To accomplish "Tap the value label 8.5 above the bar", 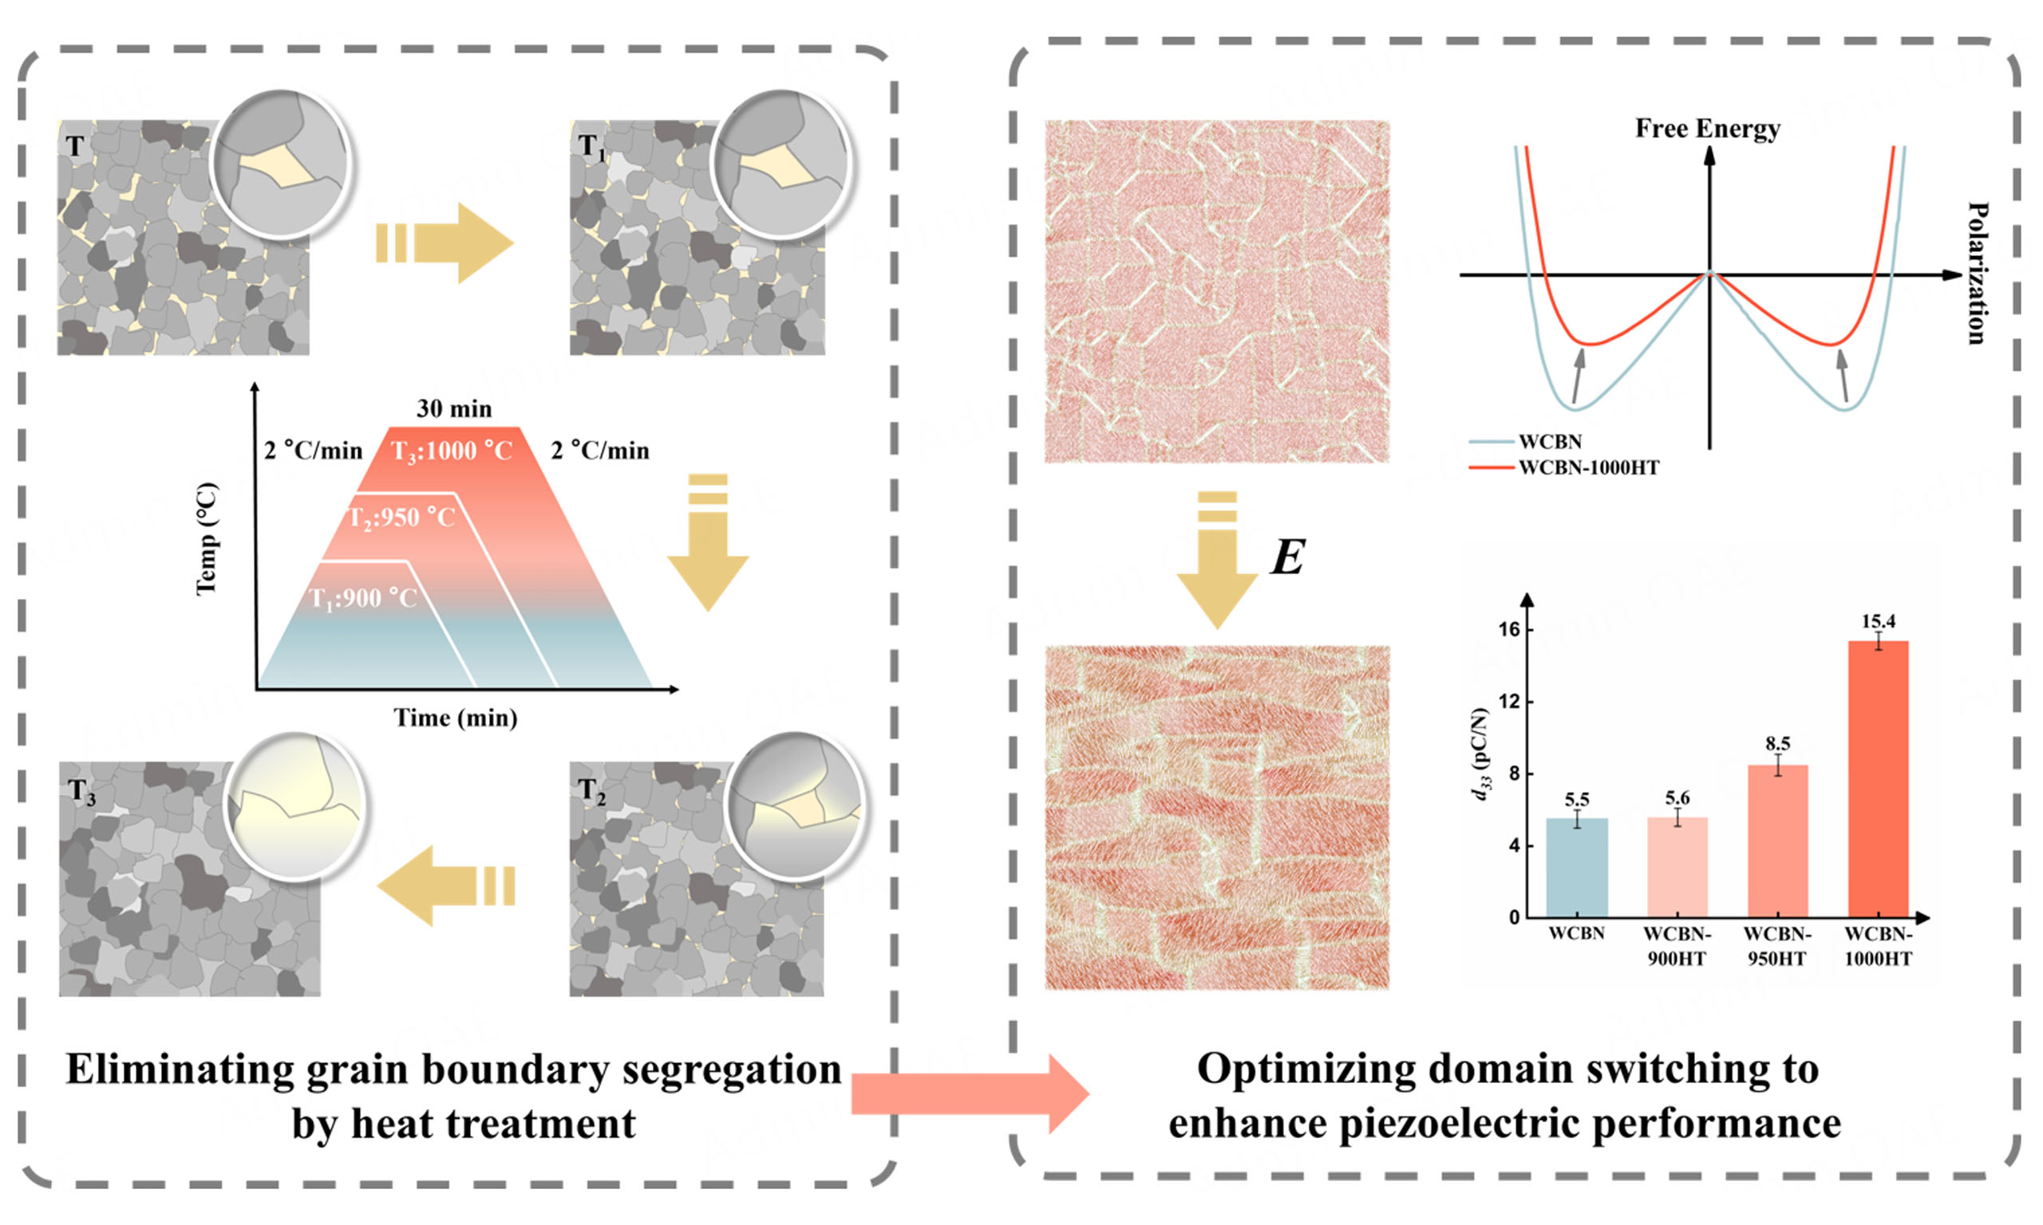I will (1777, 743).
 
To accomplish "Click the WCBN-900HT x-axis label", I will (1677, 946).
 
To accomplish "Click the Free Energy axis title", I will (1707, 128).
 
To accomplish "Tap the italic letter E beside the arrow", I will (1286, 557).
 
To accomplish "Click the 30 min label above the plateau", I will (453, 408).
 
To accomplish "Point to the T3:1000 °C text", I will (452, 451).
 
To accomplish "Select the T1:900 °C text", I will (362, 597).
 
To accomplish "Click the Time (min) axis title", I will (455, 717).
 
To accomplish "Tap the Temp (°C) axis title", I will (207, 538).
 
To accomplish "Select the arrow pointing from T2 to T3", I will (446, 888).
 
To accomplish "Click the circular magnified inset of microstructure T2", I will (794, 805).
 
